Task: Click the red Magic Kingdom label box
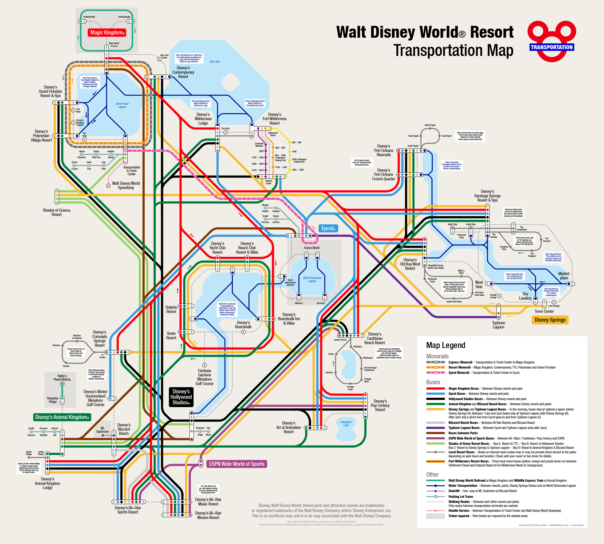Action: click(x=107, y=33)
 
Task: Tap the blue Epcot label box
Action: click(x=328, y=228)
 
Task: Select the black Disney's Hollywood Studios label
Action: click(x=181, y=397)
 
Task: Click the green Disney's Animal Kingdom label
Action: click(x=62, y=417)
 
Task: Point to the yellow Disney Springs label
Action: click(x=550, y=320)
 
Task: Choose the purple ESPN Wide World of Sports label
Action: click(x=237, y=464)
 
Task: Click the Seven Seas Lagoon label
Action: click(x=122, y=105)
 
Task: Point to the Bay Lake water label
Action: click(x=214, y=62)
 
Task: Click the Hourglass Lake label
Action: click(x=346, y=423)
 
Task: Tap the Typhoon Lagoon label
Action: click(x=498, y=325)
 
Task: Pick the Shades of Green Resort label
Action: click(x=56, y=212)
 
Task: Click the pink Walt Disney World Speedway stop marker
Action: click(x=108, y=186)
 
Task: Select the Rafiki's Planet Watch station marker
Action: click(x=62, y=384)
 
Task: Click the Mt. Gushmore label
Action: click(x=102, y=430)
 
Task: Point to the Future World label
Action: click(x=312, y=248)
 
